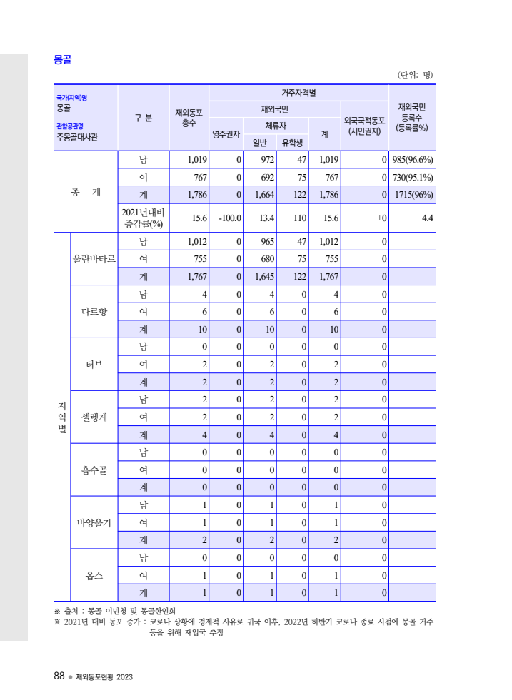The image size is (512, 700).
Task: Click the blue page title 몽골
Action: (62, 60)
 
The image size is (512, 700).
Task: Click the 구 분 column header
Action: (143, 118)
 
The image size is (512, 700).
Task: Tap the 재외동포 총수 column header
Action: (189, 118)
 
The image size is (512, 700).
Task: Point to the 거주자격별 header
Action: (298, 93)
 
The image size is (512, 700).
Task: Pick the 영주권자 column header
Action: (226, 133)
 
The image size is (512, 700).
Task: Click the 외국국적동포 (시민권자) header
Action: (364, 126)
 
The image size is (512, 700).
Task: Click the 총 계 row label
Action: (86, 192)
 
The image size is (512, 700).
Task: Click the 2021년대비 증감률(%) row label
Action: (143, 218)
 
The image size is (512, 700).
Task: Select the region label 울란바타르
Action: (94, 258)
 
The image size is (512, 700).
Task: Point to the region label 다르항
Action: (94, 311)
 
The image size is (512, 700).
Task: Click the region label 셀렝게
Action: (94, 417)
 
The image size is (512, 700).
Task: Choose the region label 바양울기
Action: (94, 522)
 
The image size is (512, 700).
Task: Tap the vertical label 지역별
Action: (62, 417)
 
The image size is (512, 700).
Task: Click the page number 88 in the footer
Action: (59, 676)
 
